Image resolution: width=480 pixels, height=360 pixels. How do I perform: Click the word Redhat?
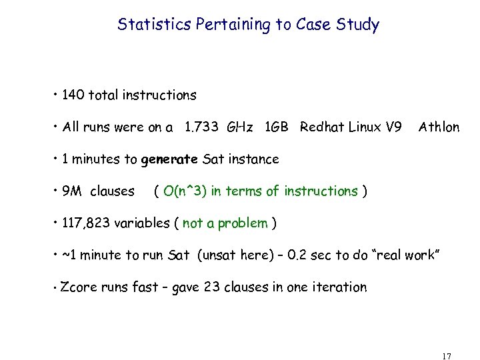click(x=322, y=127)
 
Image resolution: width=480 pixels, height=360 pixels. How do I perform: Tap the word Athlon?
click(x=439, y=127)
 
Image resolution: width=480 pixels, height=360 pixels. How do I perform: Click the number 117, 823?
click(x=86, y=223)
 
